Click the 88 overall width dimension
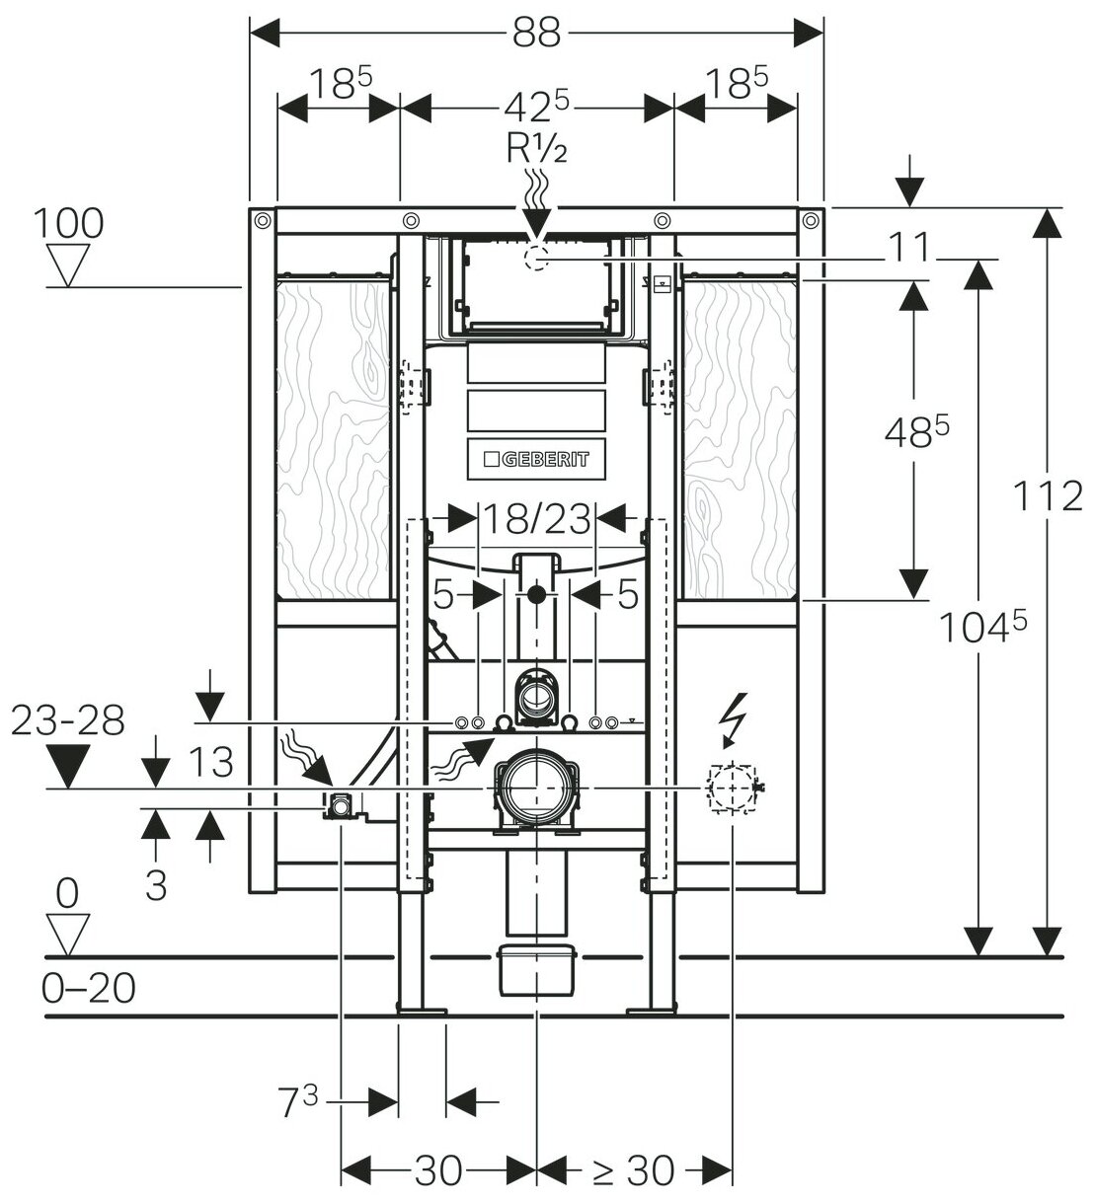click(x=536, y=34)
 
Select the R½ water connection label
click(x=536, y=150)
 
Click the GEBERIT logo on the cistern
click(x=535, y=459)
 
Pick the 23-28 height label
click(x=67, y=721)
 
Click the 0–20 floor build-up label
click(x=89, y=988)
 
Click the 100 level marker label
click(x=67, y=223)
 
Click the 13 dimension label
click(x=209, y=762)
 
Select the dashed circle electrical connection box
click(x=731, y=790)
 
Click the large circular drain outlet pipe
click(x=535, y=788)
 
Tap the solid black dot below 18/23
click(x=535, y=594)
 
